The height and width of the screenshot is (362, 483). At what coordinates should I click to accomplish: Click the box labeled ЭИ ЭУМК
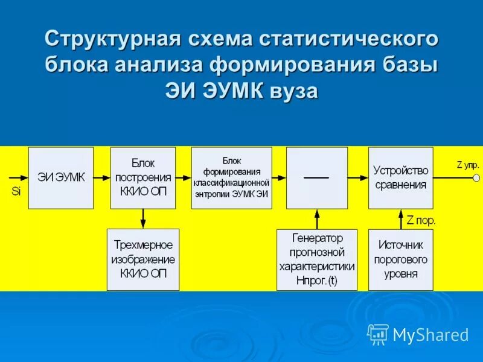pyautogui.click(x=61, y=177)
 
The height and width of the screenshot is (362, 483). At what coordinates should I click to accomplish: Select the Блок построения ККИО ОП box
pyautogui.click(x=142, y=177)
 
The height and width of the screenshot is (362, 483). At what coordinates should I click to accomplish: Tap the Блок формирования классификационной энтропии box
pyautogui.click(x=231, y=177)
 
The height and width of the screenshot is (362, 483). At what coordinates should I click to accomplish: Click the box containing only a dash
pyautogui.click(x=316, y=177)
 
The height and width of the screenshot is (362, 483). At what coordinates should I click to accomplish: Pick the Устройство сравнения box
pyautogui.click(x=400, y=177)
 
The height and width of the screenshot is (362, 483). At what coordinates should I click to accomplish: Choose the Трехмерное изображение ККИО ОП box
pyautogui.click(x=142, y=259)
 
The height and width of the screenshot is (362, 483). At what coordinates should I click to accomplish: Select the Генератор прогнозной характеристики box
pyautogui.click(x=316, y=259)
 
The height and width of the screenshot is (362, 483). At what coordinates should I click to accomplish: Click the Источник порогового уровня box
pyautogui.click(x=400, y=259)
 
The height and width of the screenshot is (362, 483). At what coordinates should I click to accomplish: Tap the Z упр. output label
pyautogui.click(x=467, y=164)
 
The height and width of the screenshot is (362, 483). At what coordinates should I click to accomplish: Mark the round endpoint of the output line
pyautogui.click(x=476, y=178)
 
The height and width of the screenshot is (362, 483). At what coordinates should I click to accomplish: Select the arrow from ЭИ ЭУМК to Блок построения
pyautogui.click(x=102, y=177)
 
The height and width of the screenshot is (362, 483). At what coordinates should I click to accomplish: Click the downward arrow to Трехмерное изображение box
pyautogui.click(x=142, y=218)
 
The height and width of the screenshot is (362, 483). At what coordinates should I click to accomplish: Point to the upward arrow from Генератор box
pyautogui.click(x=316, y=219)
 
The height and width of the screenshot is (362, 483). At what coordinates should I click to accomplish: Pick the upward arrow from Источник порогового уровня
pyautogui.click(x=400, y=219)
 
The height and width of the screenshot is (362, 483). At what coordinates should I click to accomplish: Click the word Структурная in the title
pyautogui.click(x=112, y=41)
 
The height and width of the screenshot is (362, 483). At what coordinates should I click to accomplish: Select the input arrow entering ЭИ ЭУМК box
pyautogui.click(x=19, y=177)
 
